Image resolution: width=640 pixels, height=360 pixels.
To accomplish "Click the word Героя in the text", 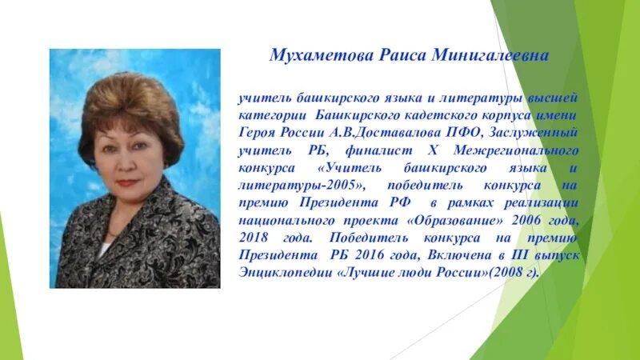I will pyautogui.click(x=259, y=132).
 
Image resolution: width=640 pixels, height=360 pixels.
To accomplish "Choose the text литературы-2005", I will pyautogui.click(x=301, y=185).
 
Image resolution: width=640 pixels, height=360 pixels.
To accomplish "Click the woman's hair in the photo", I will pyautogui.click(x=120, y=104).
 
